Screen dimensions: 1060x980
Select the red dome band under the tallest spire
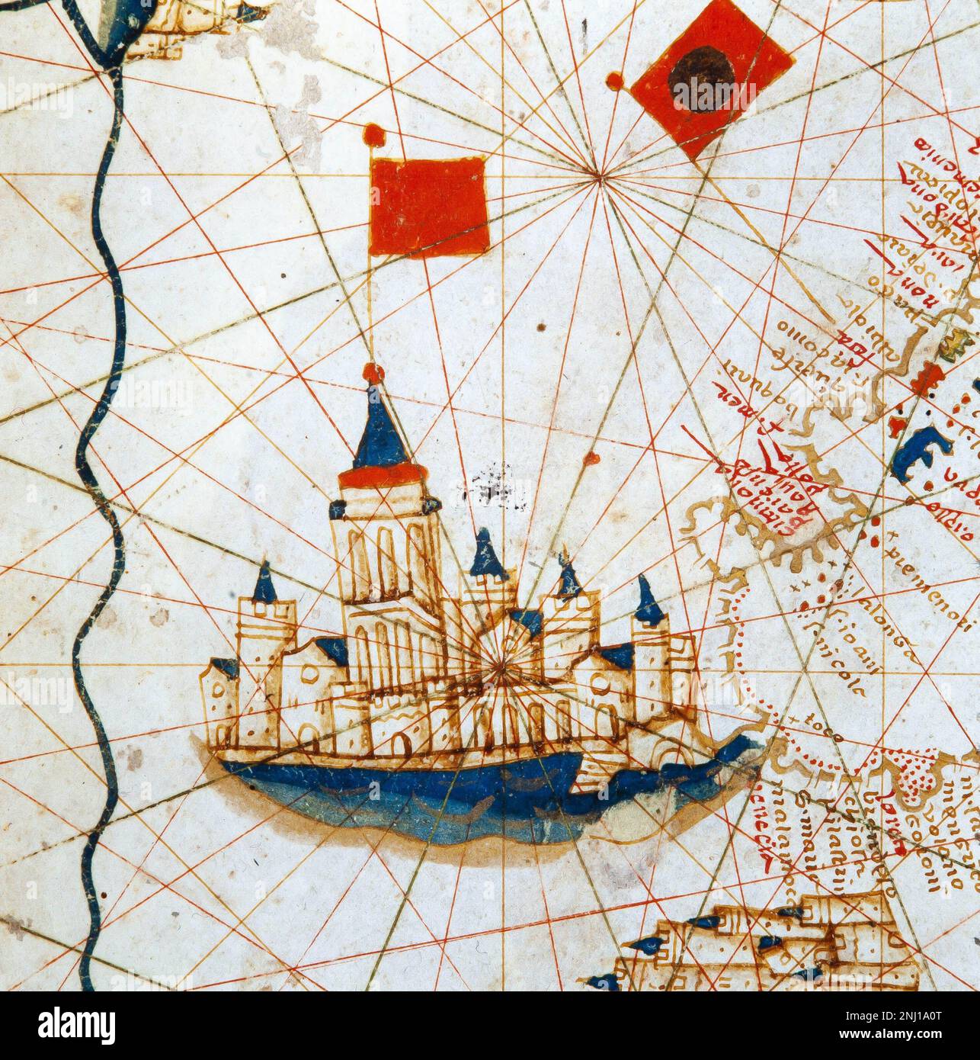point(380,477)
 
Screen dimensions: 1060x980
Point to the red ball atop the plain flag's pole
point(373,136)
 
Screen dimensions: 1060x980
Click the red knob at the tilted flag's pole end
point(614,80)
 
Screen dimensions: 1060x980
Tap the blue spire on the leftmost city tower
point(265,583)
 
